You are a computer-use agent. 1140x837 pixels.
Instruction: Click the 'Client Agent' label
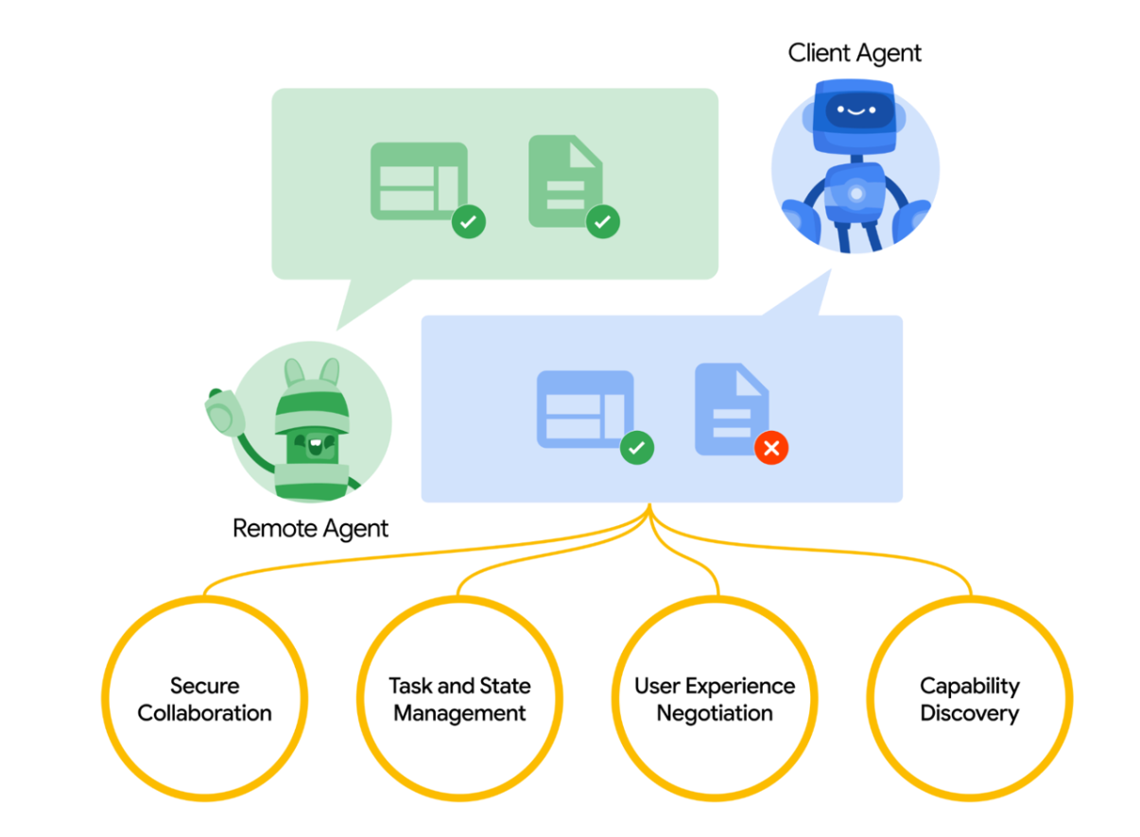pyautogui.click(x=855, y=54)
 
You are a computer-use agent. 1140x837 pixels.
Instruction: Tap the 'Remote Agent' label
pyautogui.click(x=310, y=529)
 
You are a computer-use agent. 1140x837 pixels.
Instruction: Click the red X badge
pyautogui.click(x=771, y=448)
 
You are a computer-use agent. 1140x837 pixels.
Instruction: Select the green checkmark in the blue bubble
pyautogui.click(x=637, y=448)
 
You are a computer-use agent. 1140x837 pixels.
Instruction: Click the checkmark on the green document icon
pyautogui.click(x=603, y=222)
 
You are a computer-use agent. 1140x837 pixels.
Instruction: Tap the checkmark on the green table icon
pyautogui.click(x=469, y=222)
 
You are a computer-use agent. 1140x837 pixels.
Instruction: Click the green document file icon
pyautogui.click(x=565, y=181)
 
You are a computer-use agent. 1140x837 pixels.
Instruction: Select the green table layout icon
pyautogui.click(x=419, y=181)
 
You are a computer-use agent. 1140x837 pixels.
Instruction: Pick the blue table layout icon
pyautogui.click(x=585, y=409)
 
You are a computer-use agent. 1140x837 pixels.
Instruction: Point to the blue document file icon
pyautogui.click(x=732, y=409)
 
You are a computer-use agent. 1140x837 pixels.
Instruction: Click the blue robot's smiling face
pyautogui.click(x=856, y=111)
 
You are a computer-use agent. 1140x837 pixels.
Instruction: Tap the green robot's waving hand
pyautogui.click(x=224, y=412)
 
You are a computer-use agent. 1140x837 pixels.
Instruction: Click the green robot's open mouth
pyautogui.click(x=316, y=446)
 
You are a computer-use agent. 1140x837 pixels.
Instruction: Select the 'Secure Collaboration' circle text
pyautogui.click(x=204, y=700)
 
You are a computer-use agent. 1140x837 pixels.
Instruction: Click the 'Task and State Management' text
pyautogui.click(x=459, y=700)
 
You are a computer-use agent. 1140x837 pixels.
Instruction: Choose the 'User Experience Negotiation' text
pyautogui.click(x=715, y=700)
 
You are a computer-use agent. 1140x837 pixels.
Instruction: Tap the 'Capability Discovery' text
pyautogui.click(x=970, y=700)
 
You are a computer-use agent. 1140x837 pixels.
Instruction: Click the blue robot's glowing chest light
pyautogui.click(x=856, y=194)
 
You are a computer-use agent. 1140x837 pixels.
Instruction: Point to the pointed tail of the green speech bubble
pyautogui.click(x=337, y=329)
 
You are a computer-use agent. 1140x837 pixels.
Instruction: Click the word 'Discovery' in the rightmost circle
pyautogui.click(x=970, y=713)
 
